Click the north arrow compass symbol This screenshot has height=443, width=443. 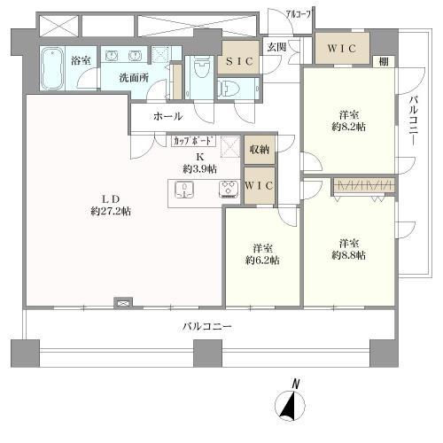[292, 402]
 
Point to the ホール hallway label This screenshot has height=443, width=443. [167, 116]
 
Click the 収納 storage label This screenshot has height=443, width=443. [259, 151]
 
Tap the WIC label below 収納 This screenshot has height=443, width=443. [259, 184]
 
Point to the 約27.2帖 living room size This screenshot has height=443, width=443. [111, 211]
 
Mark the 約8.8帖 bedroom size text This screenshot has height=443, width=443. [347, 255]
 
